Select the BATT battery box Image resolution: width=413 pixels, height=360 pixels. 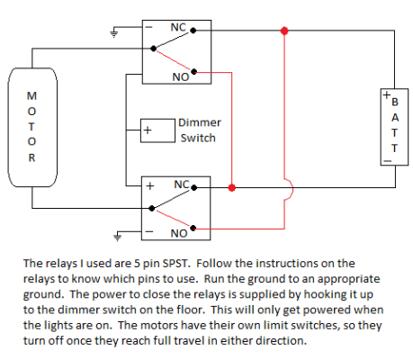390,127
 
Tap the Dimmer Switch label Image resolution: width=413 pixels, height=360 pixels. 198,130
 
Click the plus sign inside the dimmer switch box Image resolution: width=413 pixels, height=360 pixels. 148,131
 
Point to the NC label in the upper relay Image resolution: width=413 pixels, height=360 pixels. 178,28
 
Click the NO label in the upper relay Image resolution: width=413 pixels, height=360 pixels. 180,77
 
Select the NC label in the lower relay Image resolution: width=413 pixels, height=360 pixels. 181,184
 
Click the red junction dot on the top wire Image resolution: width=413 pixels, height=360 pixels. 285,31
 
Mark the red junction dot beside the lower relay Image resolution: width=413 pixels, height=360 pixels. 232,188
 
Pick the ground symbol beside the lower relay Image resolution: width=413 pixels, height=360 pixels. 114,238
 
